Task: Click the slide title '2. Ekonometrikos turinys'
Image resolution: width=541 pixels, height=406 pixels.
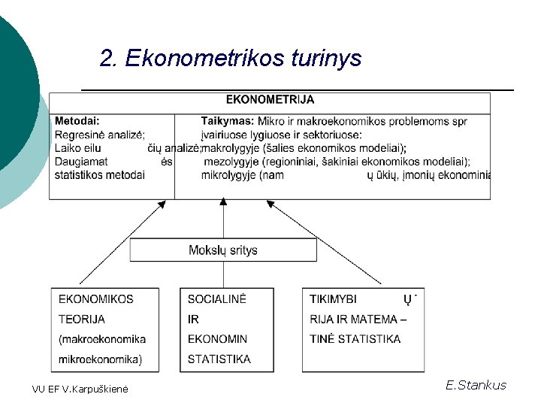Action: point(231,58)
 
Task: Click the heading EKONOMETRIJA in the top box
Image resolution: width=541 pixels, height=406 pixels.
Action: point(270,99)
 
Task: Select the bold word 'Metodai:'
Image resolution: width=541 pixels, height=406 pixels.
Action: point(77,120)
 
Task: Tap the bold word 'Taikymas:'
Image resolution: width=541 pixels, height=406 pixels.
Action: point(228,120)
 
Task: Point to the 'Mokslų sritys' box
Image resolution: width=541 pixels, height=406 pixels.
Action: point(223,250)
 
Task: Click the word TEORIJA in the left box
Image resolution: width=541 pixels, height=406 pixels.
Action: point(82,320)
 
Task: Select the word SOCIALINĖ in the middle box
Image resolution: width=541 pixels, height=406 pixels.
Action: point(217,299)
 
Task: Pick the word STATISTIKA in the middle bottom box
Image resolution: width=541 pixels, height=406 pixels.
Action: point(219,359)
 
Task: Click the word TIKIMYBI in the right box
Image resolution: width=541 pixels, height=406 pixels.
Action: point(334,299)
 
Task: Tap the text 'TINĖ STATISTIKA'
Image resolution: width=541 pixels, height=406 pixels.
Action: point(355,339)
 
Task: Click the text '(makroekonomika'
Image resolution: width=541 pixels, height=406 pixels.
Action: point(102,339)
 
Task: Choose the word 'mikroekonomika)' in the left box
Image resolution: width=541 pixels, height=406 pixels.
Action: point(100,359)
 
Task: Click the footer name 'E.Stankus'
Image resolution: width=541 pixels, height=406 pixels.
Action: point(476,386)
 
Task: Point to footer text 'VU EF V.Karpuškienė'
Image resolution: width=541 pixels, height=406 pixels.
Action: point(80,389)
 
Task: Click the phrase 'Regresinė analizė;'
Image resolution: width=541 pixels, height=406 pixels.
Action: point(99,135)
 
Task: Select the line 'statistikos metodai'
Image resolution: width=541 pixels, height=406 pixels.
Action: point(100,175)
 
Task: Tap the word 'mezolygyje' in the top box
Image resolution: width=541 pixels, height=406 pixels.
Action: point(230,162)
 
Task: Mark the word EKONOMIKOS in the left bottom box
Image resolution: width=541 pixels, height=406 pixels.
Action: point(96,299)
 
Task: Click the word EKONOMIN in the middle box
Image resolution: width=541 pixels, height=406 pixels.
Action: point(217,339)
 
